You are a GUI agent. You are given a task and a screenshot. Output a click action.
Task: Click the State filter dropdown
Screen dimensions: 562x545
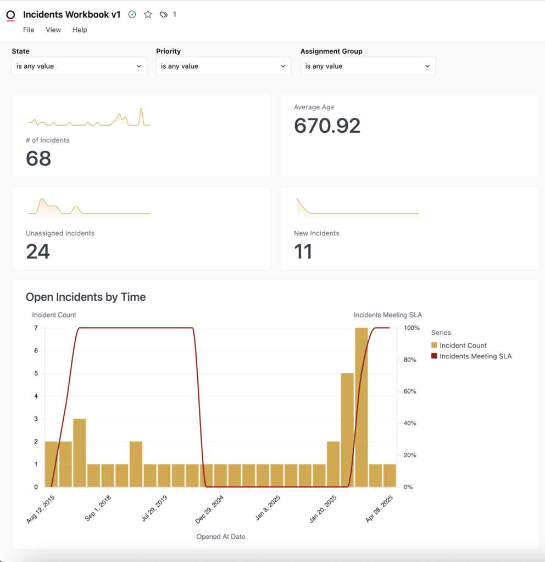click(x=79, y=66)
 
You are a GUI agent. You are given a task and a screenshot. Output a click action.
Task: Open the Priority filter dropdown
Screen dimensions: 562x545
click(x=224, y=66)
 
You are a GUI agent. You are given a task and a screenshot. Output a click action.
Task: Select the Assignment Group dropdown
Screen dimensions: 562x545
click(x=368, y=66)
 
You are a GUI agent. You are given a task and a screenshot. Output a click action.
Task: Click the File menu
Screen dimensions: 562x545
click(x=29, y=30)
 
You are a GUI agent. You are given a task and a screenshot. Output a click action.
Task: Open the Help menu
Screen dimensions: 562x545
click(x=80, y=30)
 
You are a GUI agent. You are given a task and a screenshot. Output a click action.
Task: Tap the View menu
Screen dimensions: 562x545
click(x=53, y=30)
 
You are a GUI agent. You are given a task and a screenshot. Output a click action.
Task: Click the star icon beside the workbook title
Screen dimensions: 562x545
click(x=148, y=15)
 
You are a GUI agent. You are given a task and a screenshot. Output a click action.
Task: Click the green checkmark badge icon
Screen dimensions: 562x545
click(x=132, y=15)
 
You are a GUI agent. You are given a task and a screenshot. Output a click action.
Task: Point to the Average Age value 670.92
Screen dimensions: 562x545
click(x=327, y=126)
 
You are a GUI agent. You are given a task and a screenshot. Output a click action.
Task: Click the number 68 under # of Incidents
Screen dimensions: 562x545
click(x=38, y=159)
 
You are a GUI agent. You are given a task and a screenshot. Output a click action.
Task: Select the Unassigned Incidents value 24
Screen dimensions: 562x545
click(x=38, y=252)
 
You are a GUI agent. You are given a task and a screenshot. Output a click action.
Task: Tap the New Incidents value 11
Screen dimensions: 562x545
click(x=303, y=252)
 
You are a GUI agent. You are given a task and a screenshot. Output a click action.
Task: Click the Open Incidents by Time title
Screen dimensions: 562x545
click(x=86, y=297)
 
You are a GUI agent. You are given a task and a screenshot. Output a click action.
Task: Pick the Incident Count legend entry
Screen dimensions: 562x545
click(x=463, y=345)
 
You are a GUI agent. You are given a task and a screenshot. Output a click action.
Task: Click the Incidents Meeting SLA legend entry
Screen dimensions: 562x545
click(x=475, y=356)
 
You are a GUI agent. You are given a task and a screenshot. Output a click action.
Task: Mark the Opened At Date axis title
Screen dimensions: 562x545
click(x=220, y=536)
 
